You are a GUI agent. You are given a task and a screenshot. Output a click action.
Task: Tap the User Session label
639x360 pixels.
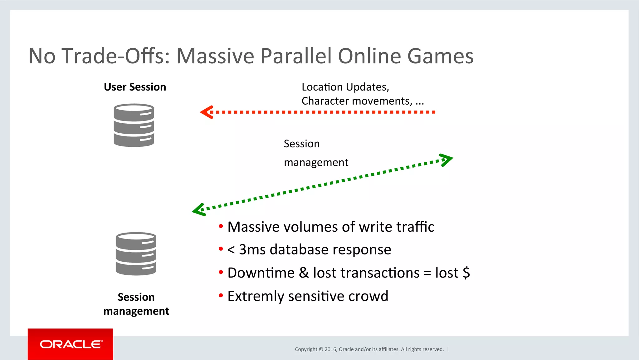(135, 87)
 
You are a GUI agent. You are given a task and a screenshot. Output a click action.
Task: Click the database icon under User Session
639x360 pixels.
(134, 125)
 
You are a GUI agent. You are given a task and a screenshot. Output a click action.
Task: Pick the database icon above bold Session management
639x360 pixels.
(136, 254)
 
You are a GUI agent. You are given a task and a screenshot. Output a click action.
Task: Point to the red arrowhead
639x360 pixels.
(206, 112)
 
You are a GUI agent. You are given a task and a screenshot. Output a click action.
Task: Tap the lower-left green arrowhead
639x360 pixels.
(198, 210)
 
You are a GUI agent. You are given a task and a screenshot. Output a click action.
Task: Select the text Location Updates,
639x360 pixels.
(345, 87)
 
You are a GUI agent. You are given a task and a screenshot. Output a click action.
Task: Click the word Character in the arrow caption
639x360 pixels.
(325, 101)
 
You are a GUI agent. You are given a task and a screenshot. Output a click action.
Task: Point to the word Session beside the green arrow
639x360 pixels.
(302, 144)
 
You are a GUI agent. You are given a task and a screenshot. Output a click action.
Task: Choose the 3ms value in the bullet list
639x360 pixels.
(252, 250)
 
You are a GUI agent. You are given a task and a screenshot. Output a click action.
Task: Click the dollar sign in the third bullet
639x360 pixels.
(466, 273)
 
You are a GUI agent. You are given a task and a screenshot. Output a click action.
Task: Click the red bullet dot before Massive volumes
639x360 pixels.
(221, 226)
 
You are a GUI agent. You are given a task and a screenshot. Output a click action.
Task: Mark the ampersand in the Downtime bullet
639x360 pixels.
(304, 273)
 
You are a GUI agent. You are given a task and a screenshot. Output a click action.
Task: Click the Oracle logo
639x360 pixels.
(71, 344)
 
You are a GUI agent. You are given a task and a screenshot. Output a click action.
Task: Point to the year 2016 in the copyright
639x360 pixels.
(330, 349)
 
